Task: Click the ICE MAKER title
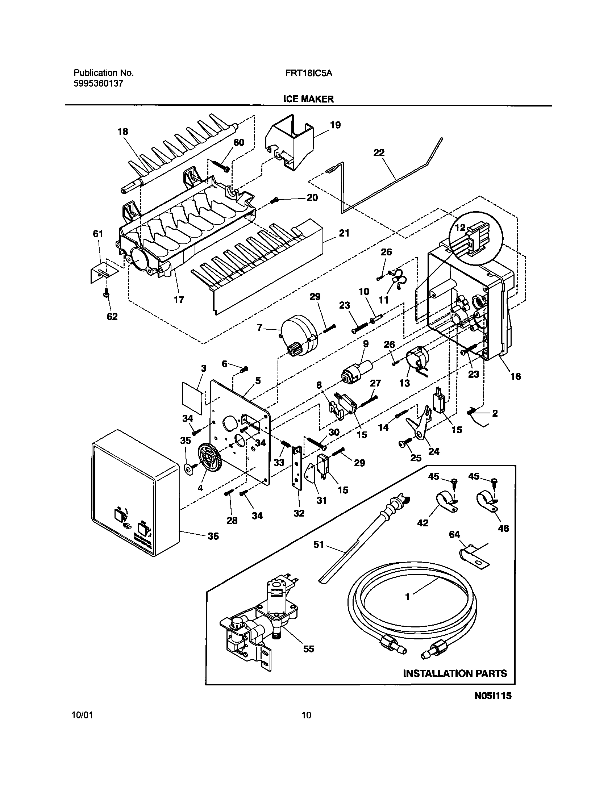[x=308, y=99]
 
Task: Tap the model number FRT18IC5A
[x=308, y=73]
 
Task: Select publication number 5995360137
[x=99, y=84]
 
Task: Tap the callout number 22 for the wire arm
[x=379, y=153]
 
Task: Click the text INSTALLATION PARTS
[x=455, y=673]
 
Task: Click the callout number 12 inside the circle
[x=460, y=228]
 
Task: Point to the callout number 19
[x=335, y=125]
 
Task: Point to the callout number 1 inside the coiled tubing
[x=407, y=597]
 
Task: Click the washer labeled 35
[x=189, y=469]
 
